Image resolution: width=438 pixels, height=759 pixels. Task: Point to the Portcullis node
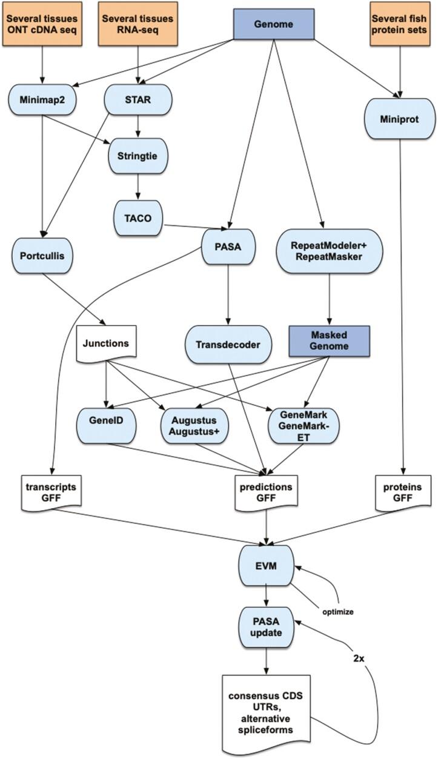42,256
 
